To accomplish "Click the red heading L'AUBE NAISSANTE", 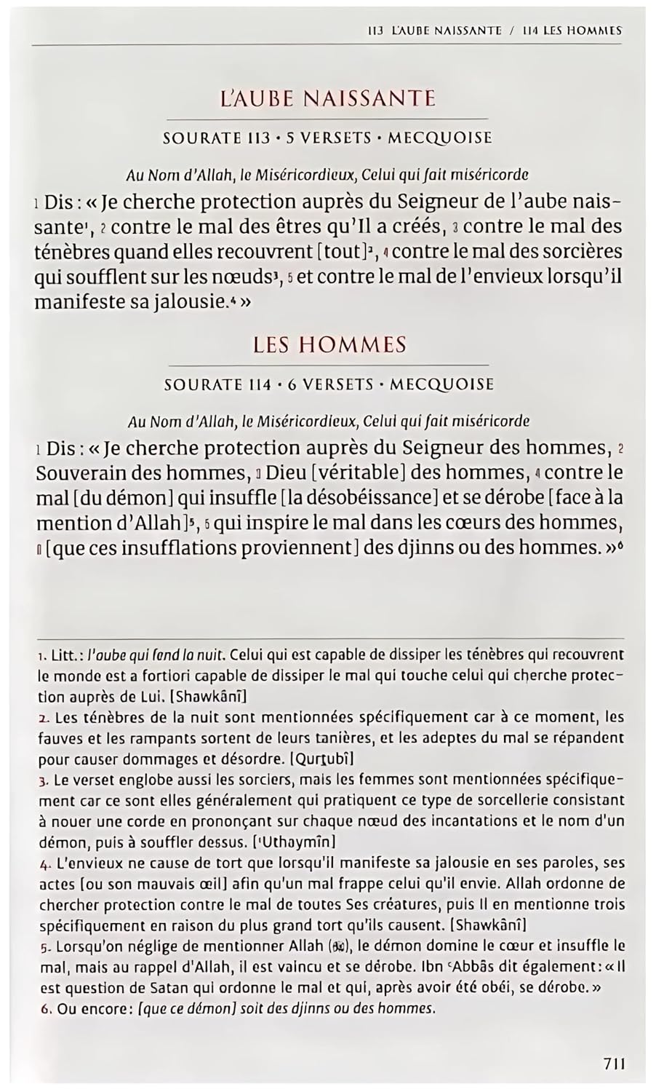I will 327,98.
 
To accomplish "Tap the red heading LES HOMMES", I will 329,344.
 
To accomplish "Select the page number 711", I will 614,1063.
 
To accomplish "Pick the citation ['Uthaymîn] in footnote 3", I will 293,842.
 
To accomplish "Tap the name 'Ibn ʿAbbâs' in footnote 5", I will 448,968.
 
